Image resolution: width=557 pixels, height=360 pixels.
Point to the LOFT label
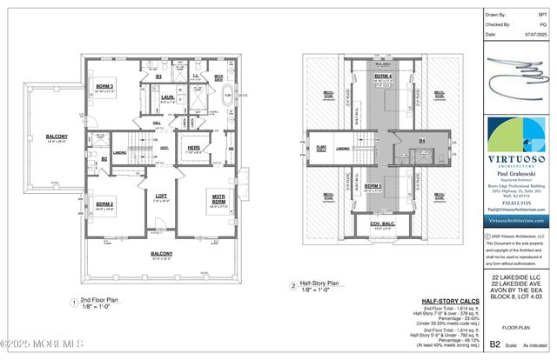pos(161,196)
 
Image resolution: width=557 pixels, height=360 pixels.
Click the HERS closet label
pos(194,148)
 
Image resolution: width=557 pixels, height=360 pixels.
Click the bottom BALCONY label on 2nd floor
pos(160,253)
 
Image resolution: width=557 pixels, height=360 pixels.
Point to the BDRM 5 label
pos(372,186)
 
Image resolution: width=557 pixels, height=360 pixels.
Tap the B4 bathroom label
pos(421,140)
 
